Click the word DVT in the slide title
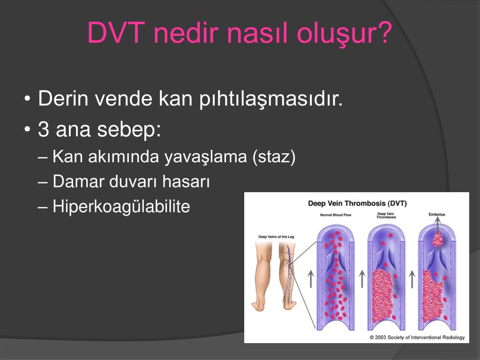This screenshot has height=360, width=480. click(x=116, y=34)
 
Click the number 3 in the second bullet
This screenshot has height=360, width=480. click(x=44, y=130)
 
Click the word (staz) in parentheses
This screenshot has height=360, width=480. click(x=274, y=157)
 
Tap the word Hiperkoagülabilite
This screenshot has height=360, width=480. click(x=121, y=206)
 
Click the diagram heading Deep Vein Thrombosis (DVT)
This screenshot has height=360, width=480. click(x=357, y=203)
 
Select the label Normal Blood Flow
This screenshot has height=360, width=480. click(x=336, y=215)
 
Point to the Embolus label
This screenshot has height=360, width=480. click(x=437, y=215)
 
